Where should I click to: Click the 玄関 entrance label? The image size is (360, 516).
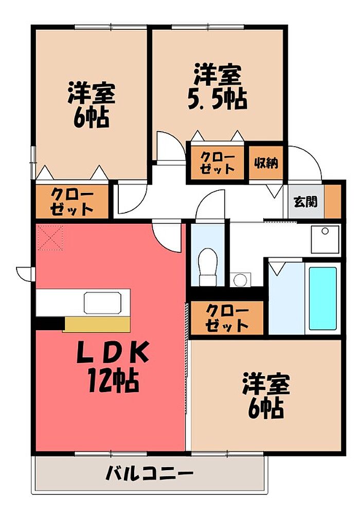(305, 202)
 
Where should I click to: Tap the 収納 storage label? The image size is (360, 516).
(266, 163)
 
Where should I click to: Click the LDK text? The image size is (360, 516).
(113, 353)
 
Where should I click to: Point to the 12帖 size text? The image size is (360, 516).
(113, 381)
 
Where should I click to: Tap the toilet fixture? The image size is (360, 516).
(208, 267)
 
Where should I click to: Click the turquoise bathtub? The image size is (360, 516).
(322, 298)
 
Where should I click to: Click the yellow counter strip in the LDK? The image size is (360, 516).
(97, 325)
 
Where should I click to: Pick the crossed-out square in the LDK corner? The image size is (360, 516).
(49, 237)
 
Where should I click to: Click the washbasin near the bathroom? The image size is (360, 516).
(325, 239)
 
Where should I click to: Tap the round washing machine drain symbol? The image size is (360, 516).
(240, 280)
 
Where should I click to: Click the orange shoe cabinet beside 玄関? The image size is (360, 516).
(333, 202)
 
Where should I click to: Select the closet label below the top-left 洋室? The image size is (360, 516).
(71, 202)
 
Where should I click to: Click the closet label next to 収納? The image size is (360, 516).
(218, 162)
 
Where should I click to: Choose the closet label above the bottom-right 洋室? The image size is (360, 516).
(227, 318)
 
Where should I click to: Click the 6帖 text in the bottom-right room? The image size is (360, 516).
(266, 409)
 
